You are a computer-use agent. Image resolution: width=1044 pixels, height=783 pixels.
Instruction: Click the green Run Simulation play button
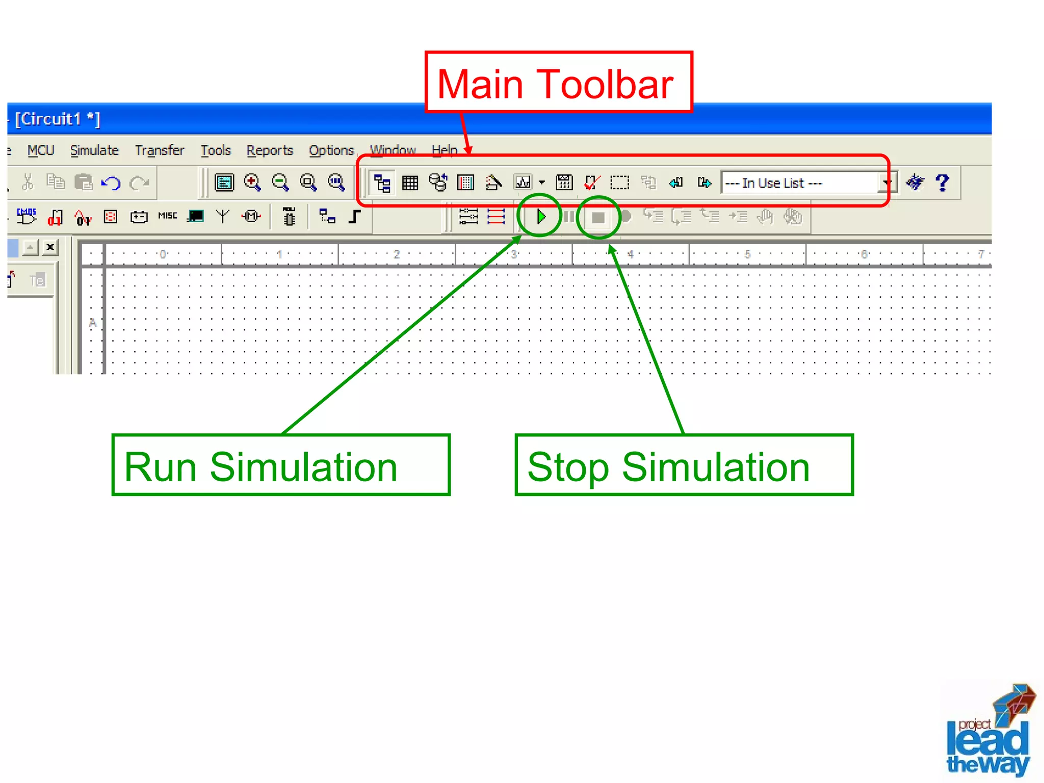pyautogui.click(x=541, y=217)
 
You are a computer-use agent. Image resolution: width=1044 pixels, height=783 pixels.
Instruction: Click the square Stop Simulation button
pyautogui.click(x=598, y=218)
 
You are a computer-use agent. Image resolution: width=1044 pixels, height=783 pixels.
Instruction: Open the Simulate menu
pyautogui.click(x=94, y=150)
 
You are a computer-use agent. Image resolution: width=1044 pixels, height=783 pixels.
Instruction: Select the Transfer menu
pyautogui.click(x=160, y=150)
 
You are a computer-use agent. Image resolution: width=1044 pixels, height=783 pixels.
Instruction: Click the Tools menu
pyautogui.click(x=216, y=150)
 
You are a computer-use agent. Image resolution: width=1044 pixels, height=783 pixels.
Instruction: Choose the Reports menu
pyautogui.click(x=270, y=150)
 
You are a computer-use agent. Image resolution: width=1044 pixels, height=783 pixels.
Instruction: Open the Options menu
pyautogui.click(x=331, y=150)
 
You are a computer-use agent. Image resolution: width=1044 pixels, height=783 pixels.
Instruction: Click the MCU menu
pyautogui.click(x=41, y=150)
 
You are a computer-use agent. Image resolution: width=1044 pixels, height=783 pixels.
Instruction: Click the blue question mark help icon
pyautogui.click(x=943, y=182)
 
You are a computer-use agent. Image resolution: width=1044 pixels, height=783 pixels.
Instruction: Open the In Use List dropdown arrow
pyautogui.click(x=888, y=182)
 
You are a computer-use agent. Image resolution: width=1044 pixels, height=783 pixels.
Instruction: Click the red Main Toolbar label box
pyautogui.click(x=558, y=83)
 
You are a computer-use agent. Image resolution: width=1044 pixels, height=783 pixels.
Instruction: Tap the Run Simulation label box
pyautogui.click(x=281, y=465)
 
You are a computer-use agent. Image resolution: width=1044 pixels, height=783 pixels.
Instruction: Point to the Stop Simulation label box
pyautogui.click(x=684, y=465)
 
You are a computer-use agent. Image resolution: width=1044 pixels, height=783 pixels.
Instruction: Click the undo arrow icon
pyautogui.click(x=111, y=182)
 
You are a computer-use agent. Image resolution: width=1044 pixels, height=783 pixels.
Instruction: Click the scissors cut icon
pyautogui.click(x=28, y=182)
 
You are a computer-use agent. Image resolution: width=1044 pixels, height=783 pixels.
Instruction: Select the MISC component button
pyautogui.click(x=168, y=216)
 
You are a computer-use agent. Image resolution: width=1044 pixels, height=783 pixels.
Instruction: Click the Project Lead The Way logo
pyautogui.click(x=989, y=732)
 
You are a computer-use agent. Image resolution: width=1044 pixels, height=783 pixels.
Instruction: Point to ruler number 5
pyautogui.click(x=747, y=254)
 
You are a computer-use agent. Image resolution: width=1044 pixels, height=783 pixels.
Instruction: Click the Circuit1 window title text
pyautogui.click(x=58, y=119)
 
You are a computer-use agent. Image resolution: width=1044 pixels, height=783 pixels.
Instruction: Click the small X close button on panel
pyautogui.click(x=50, y=247)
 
